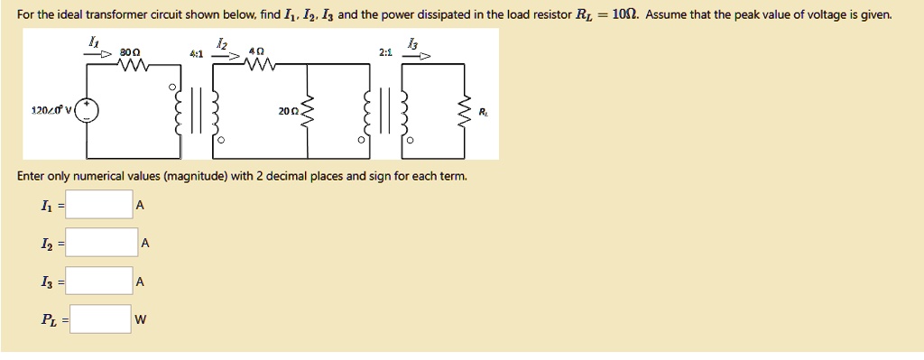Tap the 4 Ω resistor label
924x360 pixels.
[x=258, y=54]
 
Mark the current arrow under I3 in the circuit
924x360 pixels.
[x=417, y=56]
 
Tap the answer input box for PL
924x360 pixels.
[x=102, y=318]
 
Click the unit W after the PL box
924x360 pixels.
[x=140, y=319]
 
